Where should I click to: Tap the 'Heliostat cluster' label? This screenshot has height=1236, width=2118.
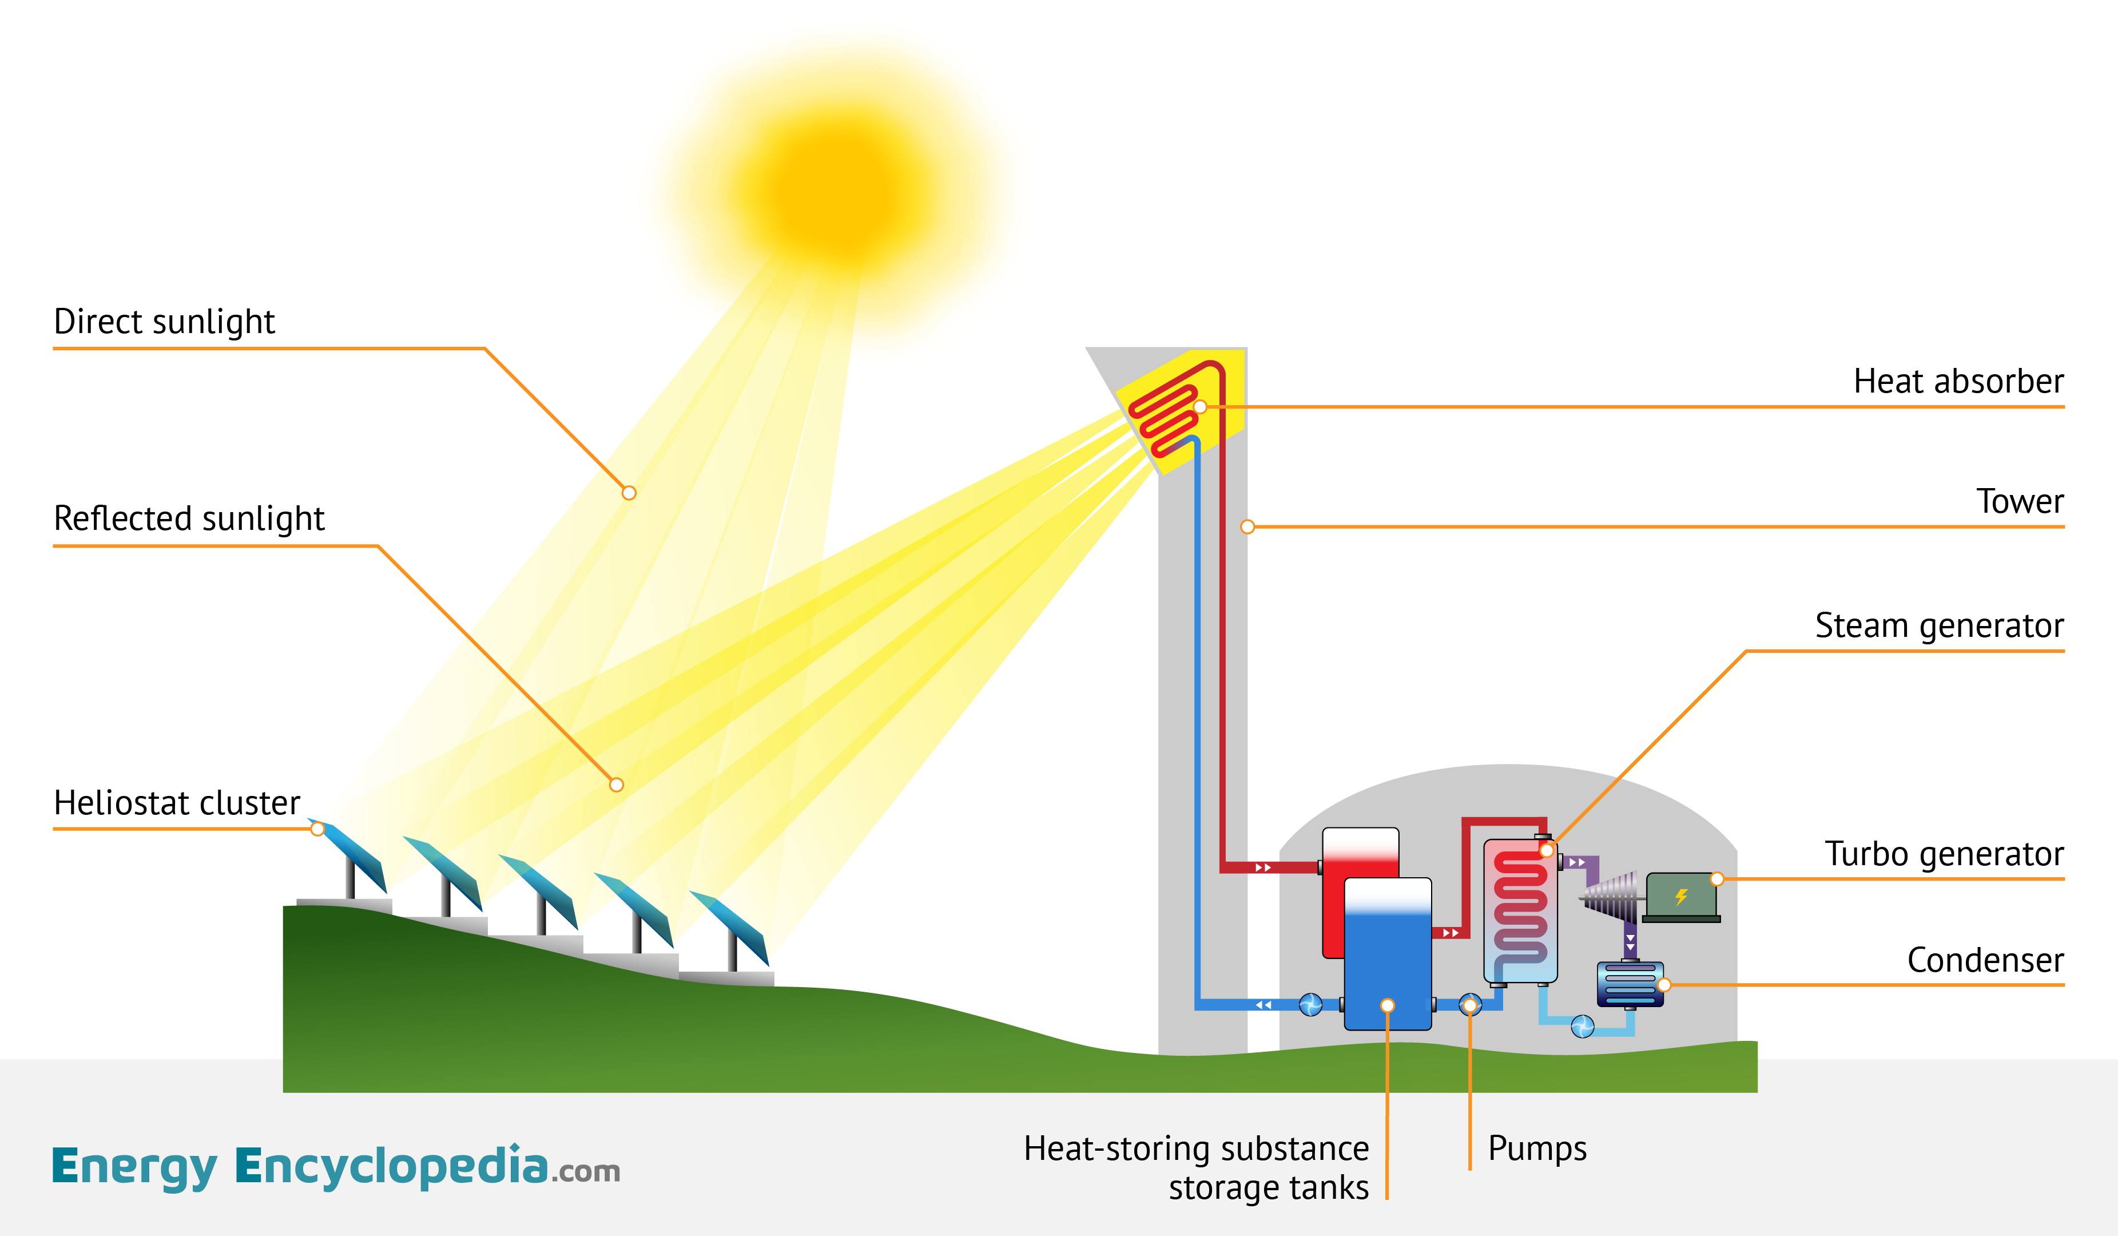coord(177,803)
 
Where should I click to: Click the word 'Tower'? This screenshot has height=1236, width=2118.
coord(2019,502)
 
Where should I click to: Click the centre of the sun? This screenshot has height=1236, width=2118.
coord(836,189)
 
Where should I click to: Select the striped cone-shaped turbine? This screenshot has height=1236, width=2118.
coord(1610,896)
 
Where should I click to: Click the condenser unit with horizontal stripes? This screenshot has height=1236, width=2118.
coord(1629,984)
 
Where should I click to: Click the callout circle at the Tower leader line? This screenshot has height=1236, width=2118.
coord(1247,527)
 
